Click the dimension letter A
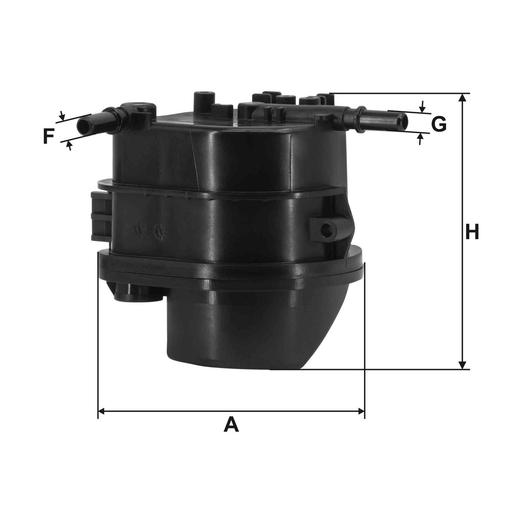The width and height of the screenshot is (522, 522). pyautogui.click(x=231, y=425)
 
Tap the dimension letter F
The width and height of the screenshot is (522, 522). pyautogui.click(x=49, y=136)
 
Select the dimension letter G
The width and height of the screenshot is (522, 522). pyautogui.click(x=439, y=124)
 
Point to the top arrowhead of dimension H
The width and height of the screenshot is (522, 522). pyautogui.click(x=462, y=98)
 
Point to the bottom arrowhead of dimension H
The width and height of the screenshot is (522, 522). pyautogui.click(x=462, y=365)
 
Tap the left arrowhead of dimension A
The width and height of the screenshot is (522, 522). pyautogui.click(x=102, y=411)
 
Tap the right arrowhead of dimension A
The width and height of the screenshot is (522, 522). pyautogui.click(x=361, y=411)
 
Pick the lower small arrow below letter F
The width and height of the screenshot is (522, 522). pyautogui.click(x=70, y=145)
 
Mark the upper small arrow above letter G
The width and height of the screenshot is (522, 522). pyautogui.click(x=422, y=108)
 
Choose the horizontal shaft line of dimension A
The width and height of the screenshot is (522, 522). pyautogui.click(x=231, y=411)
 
